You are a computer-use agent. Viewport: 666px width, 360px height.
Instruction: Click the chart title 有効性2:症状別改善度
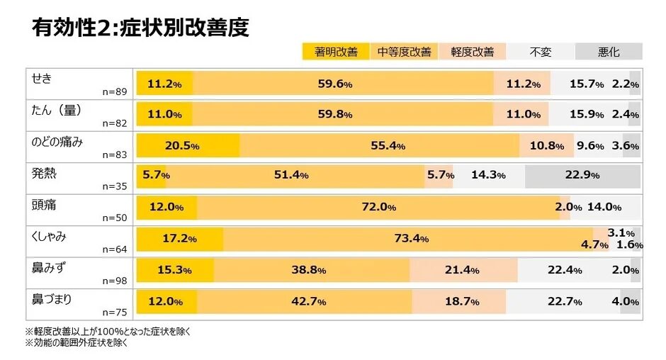pyautogui.click(x=140, y=28)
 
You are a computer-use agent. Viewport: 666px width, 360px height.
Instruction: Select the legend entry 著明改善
pyautogui.click(x=336, y=52)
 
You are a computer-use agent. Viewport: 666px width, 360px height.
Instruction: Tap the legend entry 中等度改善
pyautogui.click(x=404, y=52)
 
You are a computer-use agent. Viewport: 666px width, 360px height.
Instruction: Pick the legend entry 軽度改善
pyautogui.click(x=472, y=52)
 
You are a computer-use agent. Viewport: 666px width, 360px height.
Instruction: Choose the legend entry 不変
pyautogui.click(x=540, y=52)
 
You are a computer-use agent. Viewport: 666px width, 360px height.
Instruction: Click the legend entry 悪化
pyautogui.click(x=609, y=52)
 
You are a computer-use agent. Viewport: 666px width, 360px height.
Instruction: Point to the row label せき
pyautogui.click(x=42, y=78)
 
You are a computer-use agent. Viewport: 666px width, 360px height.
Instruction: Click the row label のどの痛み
pyautogui.click(x=57, y=141)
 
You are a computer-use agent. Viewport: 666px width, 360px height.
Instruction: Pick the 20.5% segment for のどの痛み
pyautogui.click(x=188, y=145)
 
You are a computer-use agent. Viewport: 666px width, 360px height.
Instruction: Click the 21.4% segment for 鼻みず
pyautogui.click(x=463, y=270)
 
